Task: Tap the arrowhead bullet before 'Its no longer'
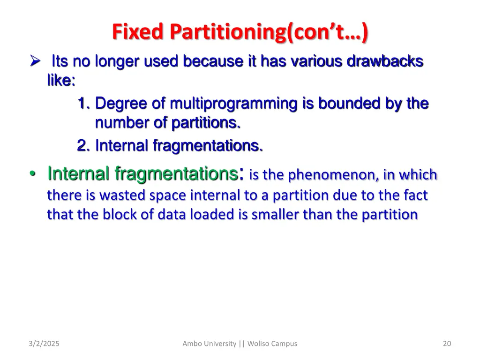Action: click(x=34, y=61)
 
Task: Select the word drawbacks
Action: click(x=385, y=61)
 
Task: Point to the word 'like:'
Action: click(x=61, y=81)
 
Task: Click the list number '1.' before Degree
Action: click(x=84, y=103)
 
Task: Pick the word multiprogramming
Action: click(x=235, y=103)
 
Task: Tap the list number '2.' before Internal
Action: click(x=84, y=146)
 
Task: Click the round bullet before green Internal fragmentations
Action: click(x=31, y=174)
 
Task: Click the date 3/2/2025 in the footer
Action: click(x=44, y=344)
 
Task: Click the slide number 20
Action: click(x=447, y=344)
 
